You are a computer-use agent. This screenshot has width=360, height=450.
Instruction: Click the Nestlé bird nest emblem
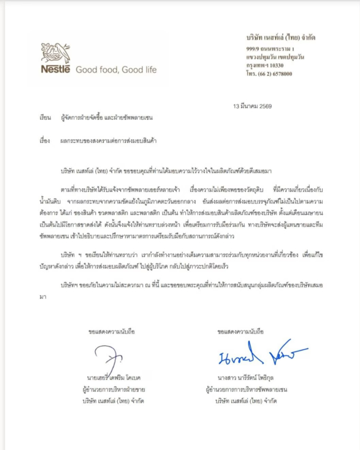tap(56, 54)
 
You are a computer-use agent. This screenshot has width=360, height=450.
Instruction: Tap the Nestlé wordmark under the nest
tap(55, 70)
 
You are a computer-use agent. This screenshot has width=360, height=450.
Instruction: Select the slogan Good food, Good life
tap(116, 70)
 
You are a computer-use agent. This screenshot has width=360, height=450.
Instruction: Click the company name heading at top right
tap(281, 38)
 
